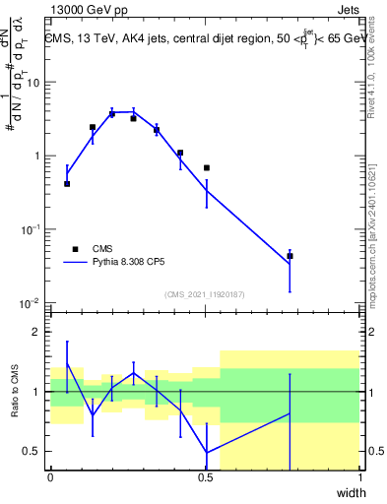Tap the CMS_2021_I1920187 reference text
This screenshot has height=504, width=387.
(205, 294)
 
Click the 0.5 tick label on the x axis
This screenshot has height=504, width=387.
(205, 476)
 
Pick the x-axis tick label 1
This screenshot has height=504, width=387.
(359, 476)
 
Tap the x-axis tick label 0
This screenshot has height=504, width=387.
(50, 476)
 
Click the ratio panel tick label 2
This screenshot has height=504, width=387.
(37, 332)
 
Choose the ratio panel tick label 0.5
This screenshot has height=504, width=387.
(33, 452)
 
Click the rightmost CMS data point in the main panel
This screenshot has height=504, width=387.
(290, 256)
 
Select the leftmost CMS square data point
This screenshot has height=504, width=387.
(67, 184)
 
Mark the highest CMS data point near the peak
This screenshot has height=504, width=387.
(111, 114)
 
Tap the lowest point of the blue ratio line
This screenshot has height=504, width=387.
(207, 453)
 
